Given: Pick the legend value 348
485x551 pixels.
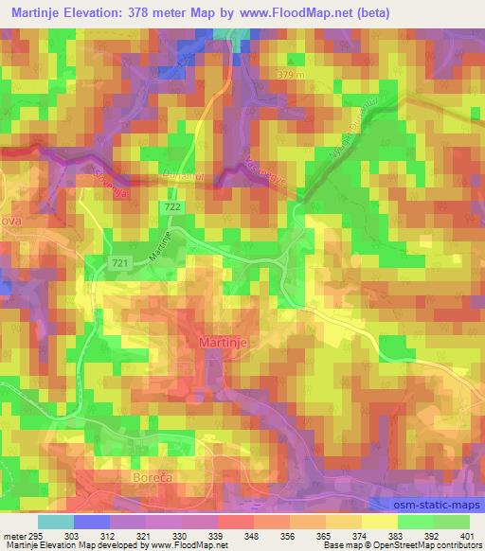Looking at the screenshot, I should (x=253, y=536).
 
